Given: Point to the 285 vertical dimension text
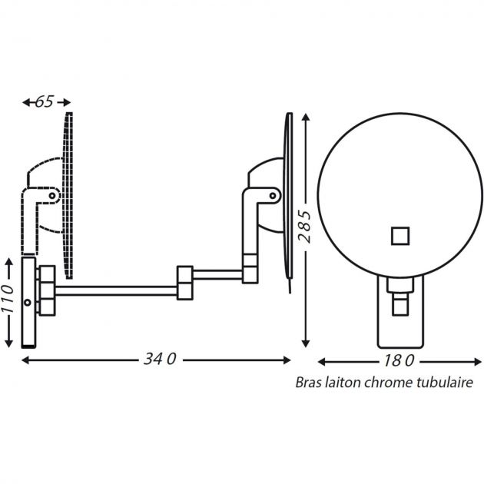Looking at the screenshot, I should (306, 227).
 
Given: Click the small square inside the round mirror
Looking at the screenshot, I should (399, 234).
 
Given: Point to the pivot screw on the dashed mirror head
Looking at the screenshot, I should (52, 196).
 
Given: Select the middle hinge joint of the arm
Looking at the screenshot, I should (184, 282).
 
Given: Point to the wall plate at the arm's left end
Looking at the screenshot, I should (29, 303).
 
